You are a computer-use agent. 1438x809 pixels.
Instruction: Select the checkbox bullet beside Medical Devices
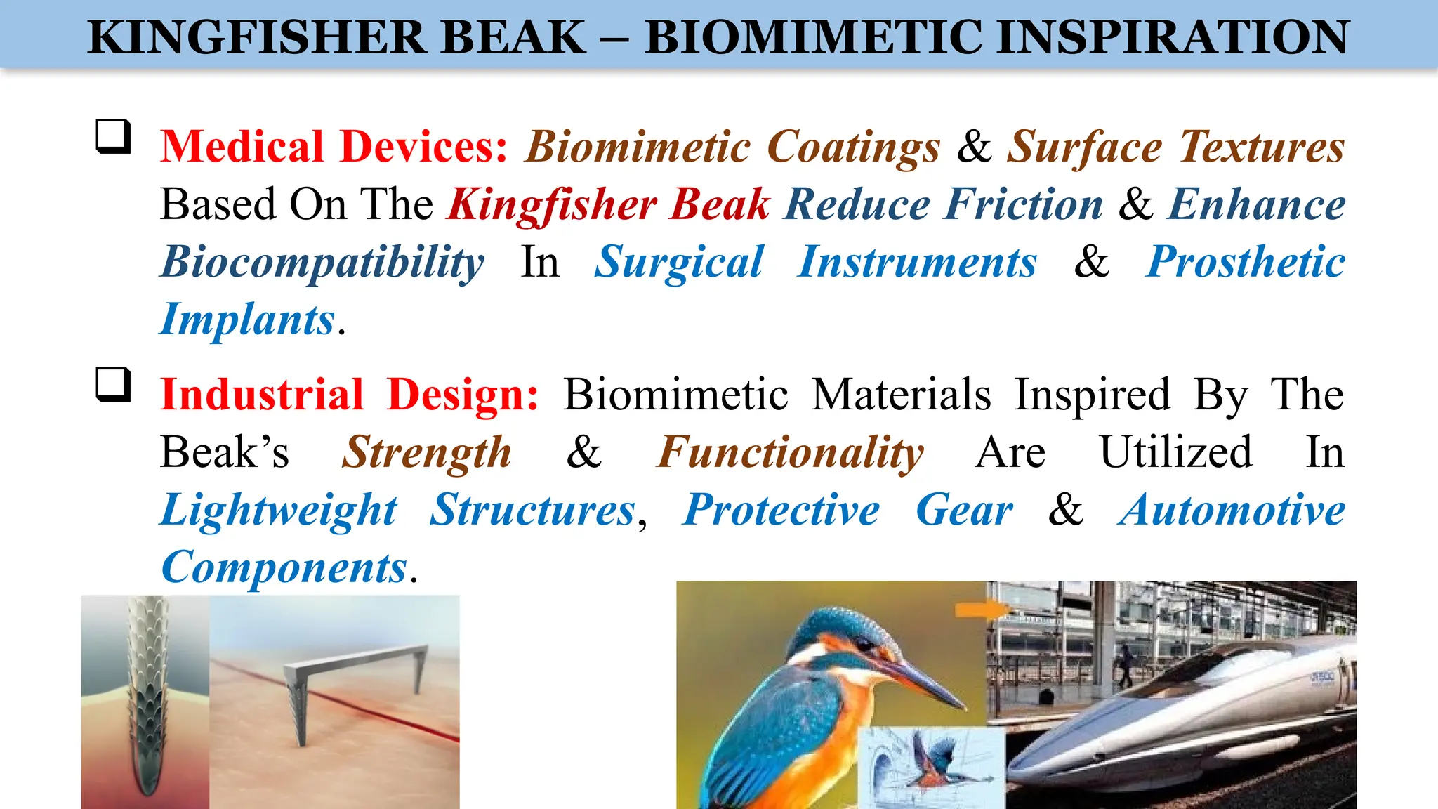(x=113, y=136)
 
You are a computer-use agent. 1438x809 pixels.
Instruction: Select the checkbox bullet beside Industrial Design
(x=113, y=384)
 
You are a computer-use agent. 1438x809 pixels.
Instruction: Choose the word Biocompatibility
(x=322, y=262)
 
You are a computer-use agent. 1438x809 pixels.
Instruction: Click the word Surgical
(x=679, y=262)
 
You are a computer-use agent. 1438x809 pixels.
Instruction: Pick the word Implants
(x=247, y=320)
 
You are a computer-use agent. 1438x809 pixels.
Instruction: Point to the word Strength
(x=427, y=452)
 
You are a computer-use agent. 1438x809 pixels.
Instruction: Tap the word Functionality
(x=791, y=452)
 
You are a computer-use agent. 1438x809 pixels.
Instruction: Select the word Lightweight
(x=279, y=509)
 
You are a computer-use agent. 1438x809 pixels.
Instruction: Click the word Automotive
(x=1232, y=509)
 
